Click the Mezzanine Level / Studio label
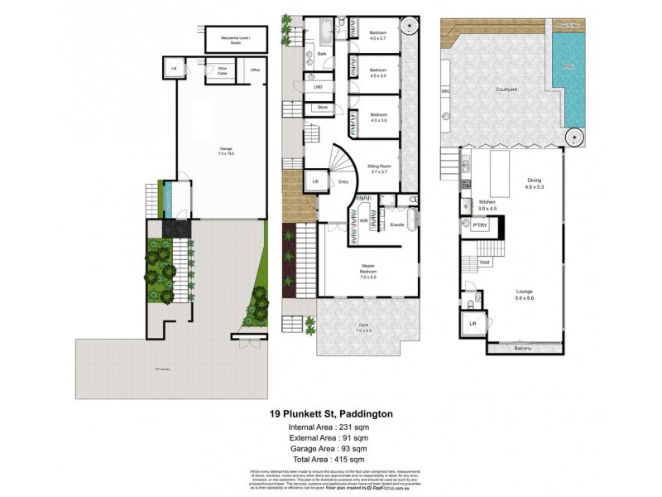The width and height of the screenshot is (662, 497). click(228, 40)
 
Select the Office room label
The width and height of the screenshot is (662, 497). click(255, 70)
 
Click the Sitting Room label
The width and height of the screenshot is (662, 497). click(380, 168)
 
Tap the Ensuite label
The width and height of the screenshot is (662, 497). click(396, 225)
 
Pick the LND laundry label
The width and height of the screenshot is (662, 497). click(318, 87)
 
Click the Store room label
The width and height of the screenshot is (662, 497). click(322, 107)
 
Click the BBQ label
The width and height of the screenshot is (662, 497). click(445, 89)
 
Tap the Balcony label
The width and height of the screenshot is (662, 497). click(522, 349)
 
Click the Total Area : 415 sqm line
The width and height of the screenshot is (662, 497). click(330, 459)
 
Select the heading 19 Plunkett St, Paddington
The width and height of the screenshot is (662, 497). click(330, 413)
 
